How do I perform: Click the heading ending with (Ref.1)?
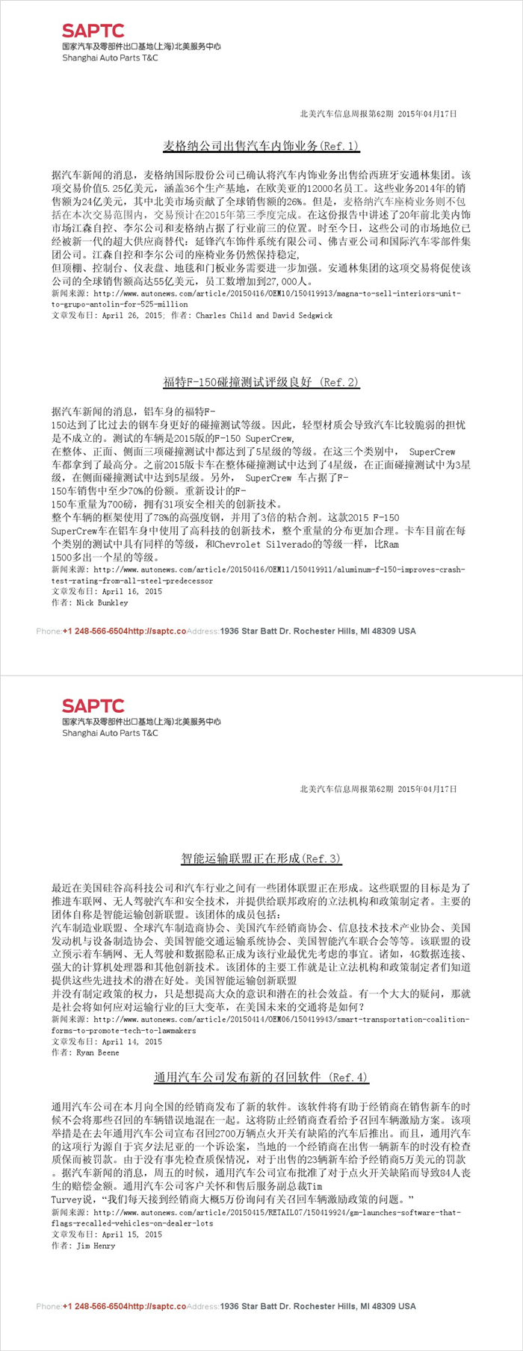[261, 146]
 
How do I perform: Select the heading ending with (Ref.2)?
[261, 383]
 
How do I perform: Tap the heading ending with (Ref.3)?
[261, 858]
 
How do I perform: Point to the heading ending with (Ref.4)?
[261, 1077]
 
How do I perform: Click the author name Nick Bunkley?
[102, 602]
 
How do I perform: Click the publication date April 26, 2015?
[132, 316]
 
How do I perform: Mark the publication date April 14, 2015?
[132, 1042]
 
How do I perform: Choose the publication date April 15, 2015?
[132, 1235]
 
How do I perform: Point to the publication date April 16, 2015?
[132, 591]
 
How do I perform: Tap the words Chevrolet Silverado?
[262, 545]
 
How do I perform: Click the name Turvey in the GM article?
[66, 1199]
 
